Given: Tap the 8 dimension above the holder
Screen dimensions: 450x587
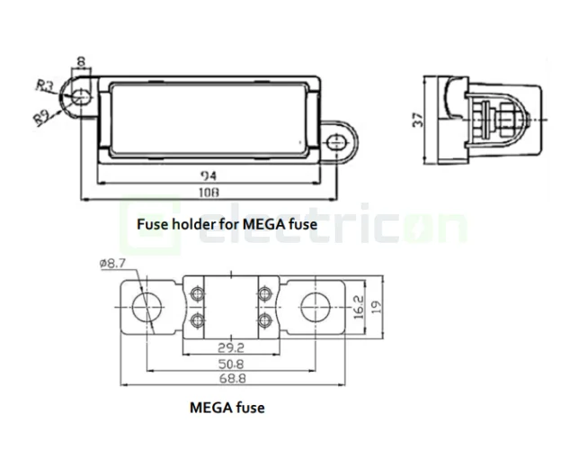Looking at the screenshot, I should click(81, 63).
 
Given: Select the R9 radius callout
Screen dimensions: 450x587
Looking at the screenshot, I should click(41, 115).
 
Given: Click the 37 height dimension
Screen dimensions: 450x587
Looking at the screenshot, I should click(416, 121).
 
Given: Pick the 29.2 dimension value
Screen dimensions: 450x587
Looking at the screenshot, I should click(231, 346).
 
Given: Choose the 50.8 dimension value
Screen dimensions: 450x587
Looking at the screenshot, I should click(231, 364).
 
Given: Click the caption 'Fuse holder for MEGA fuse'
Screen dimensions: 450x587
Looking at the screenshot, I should click(227, 223).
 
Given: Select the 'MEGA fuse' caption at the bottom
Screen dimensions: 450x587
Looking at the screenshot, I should click(227, 408).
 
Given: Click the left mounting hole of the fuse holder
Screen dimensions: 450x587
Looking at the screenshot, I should click(80, 98).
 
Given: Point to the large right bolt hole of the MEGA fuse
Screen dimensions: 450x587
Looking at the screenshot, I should click(316, 306).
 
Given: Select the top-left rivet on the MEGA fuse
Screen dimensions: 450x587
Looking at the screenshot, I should click(198, 291).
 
